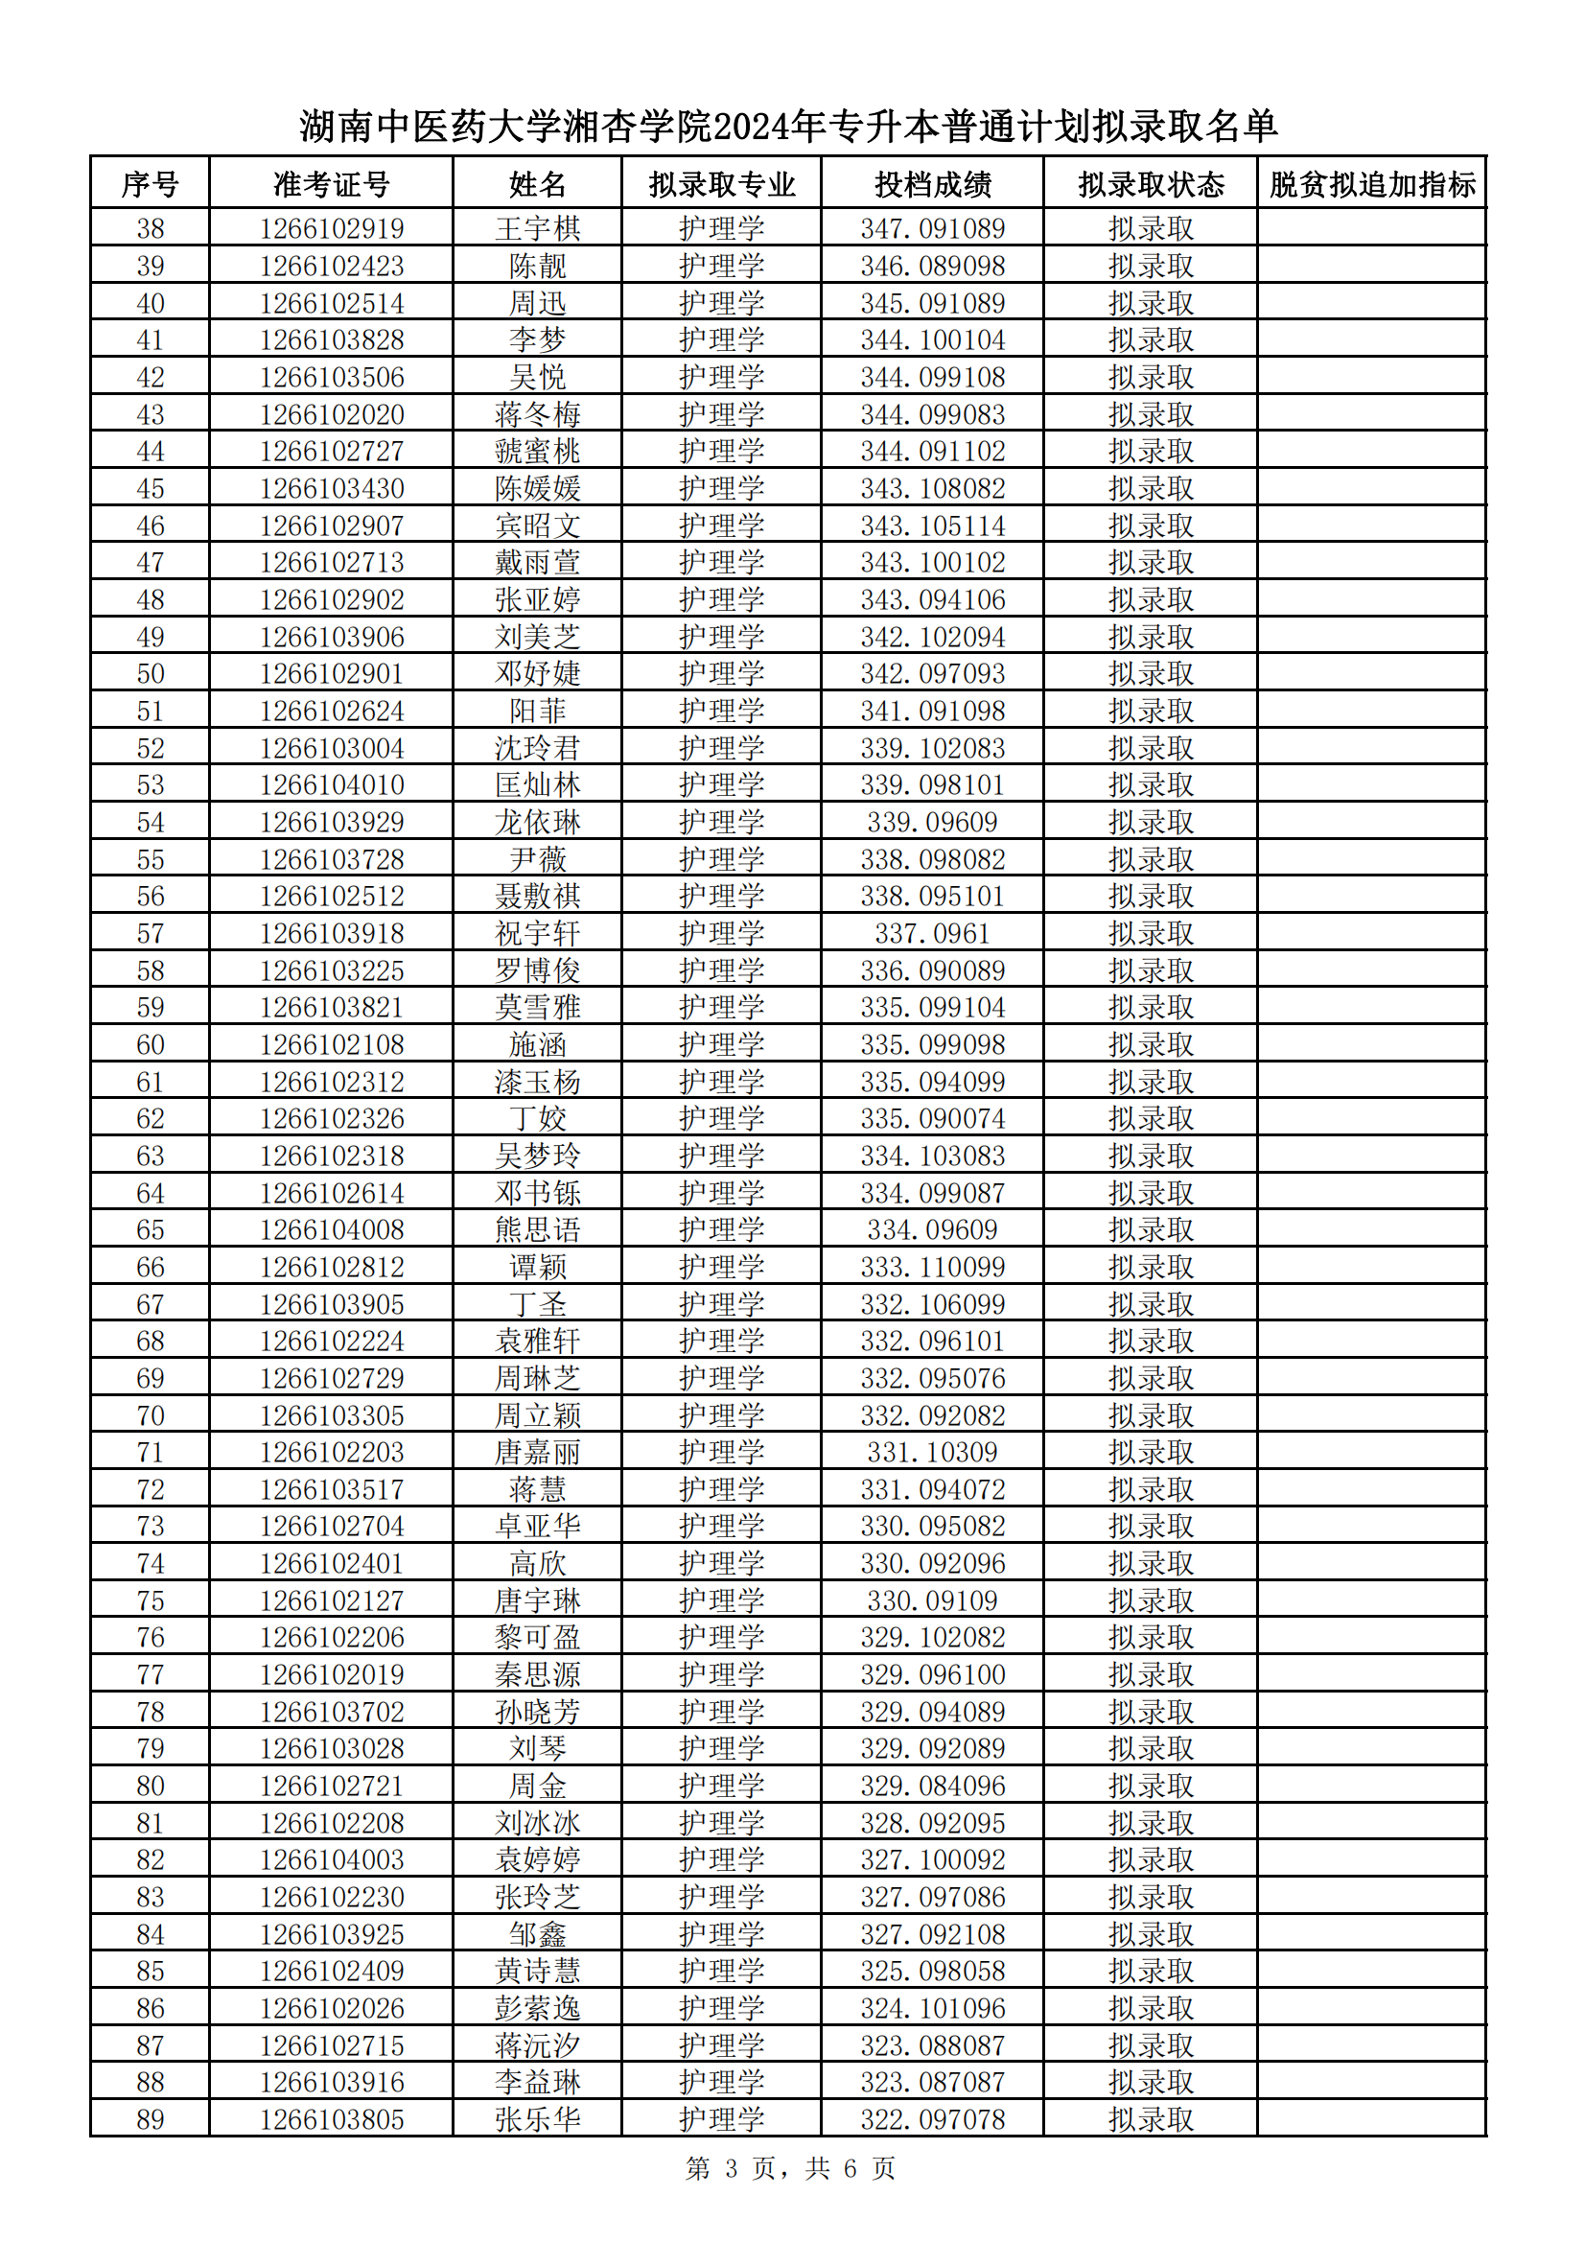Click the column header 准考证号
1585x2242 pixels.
[x=331, y=183]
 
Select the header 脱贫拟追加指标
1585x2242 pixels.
[x=1371, y=183]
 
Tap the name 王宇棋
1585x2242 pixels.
[x=537, y=228]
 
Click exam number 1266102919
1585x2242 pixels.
[x=331, y=228]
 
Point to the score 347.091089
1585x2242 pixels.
[x=932, y=228]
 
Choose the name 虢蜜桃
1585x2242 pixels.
[x=537, y=451]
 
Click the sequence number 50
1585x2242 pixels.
[x=150, y=674]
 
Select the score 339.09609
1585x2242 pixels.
[x=932, y=822]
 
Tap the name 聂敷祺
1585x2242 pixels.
[x=537, y=897]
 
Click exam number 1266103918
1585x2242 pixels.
[x=331, y=933]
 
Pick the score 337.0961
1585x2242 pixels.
[x=932, y=933]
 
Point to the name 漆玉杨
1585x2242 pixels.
[x=537, y=1082]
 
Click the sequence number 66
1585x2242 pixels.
[x=150, y=1268]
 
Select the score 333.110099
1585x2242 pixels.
[x=932, y=1268]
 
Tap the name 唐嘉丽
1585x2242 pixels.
[x=537, y=1453]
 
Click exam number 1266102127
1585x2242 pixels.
[x=331, y=1601]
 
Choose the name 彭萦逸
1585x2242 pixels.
[x=537, y=2009]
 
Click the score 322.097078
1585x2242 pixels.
[x=932, y=2120]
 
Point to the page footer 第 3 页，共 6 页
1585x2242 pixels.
[x=790, y=2169]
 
